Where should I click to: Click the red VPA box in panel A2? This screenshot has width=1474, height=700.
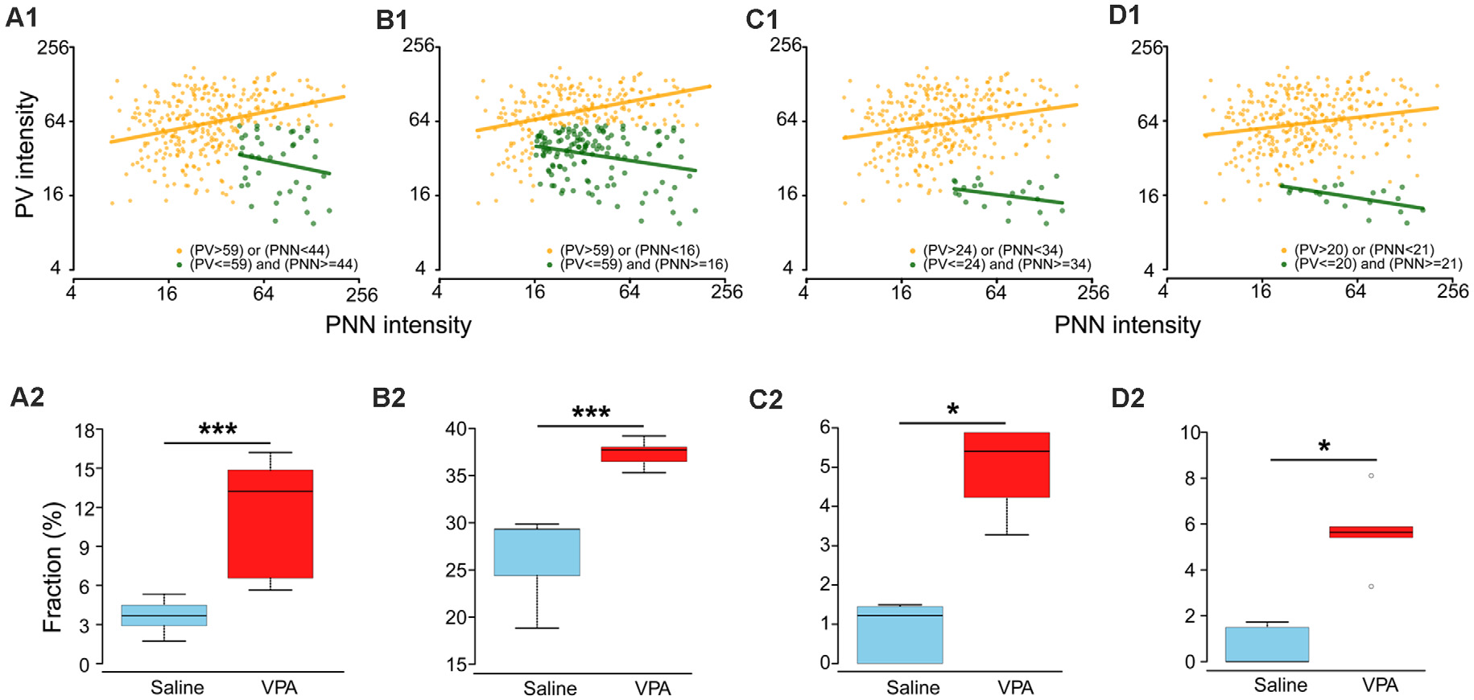pyautogui.click(x=270, y=524)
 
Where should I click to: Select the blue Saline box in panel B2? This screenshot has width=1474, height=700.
pyautogui.click(x=536, y=552)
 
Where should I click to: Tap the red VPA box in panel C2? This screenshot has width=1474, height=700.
pyautogui.click(x=1006, y=465)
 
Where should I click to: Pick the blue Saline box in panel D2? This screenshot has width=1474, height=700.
pyautogui.click(x=1266, y=644)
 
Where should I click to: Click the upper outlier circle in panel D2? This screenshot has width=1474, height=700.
pyautogui.click(x=1371, y=476)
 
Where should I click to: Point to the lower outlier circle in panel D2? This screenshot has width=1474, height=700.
pyautogui.click(x=1371, y=587)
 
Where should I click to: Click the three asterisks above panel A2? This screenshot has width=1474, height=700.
pyautogui.click(x=217, y=430)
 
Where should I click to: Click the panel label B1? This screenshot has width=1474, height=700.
pyautogui.click(x=392, y=20)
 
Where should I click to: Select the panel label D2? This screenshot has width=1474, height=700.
pyautogui.click(x=1127, y=397)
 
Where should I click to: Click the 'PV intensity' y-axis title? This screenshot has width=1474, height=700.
pyautogui.click(x=25, y=154)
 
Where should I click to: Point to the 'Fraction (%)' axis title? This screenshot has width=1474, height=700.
pyautogui.click(x=52, y=566)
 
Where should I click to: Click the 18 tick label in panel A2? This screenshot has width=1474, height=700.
pyautogui.click(x=85, y=430)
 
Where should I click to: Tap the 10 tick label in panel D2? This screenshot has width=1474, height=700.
pyautogui.click(x=1191, y=433)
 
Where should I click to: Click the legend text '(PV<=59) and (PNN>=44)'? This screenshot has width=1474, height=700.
pyautogui.click(x=274, y=264)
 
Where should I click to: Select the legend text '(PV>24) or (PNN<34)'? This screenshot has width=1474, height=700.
pyautogui.click(x=993, y=250)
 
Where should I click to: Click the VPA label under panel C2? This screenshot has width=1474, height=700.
pyautogui.click(x=1015, y=687)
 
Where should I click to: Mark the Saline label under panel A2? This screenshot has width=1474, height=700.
pyautogui.click(x=177, y=687)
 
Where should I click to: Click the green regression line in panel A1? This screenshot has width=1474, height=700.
pyautogui.click(x=285, y=164)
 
